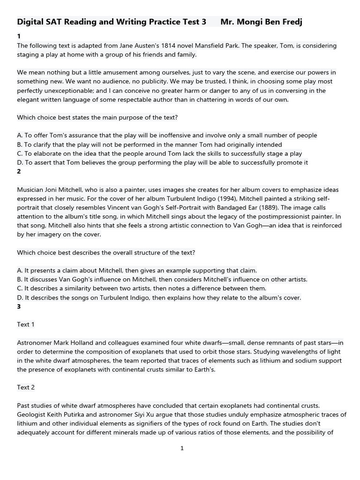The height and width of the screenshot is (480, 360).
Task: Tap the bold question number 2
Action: coord(19,172)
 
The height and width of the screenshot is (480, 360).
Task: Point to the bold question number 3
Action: coord(19,307)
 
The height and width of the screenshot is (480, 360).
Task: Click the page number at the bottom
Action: coord(182,448)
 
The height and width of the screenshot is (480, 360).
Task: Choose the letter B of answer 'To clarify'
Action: coord(19,145)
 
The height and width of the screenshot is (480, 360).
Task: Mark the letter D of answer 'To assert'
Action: coord(19,163)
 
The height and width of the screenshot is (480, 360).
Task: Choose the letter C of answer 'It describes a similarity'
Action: coord(19,288)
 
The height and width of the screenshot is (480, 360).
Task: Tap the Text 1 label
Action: coord(26,324)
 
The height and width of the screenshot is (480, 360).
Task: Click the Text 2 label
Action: coord(26,387)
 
